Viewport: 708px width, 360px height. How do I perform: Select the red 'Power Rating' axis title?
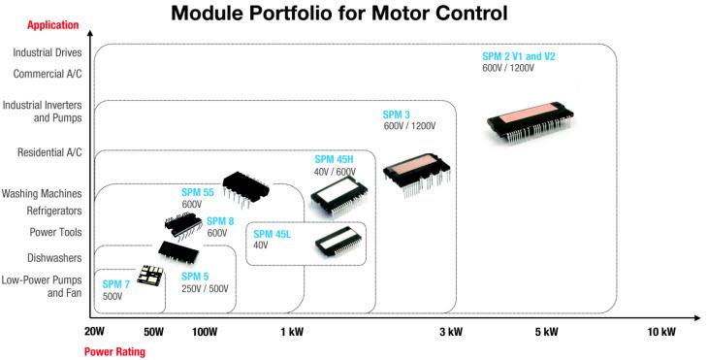point(114,351)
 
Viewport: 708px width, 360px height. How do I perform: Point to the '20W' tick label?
point(94,332)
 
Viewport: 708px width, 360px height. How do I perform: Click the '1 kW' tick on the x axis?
point(292,332)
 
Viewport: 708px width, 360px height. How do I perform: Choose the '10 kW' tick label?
point(661,332)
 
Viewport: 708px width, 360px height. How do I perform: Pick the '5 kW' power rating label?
point(546,332)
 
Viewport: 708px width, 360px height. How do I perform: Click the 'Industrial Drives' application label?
point(48,52)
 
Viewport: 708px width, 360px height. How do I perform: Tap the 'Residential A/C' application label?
point(49,152)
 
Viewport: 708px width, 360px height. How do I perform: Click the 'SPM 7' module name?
point(115,284)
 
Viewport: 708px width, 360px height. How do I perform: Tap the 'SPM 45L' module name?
point(274,233)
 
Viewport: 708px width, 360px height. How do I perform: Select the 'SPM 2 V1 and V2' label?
point(519,56)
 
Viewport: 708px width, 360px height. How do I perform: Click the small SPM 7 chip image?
point(149,275)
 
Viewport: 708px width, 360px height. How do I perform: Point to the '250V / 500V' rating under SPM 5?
point(206,289)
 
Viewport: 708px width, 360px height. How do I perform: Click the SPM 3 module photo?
point(417,174)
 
